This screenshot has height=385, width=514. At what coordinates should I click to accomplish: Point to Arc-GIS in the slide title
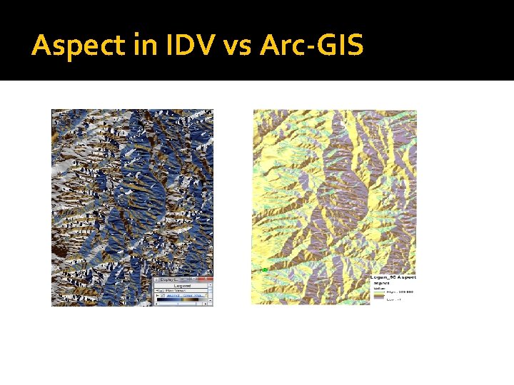313,46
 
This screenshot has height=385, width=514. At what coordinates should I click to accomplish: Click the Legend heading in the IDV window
183,285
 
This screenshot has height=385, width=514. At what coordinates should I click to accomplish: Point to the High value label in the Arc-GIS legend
393,292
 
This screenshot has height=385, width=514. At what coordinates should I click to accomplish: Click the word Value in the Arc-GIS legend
378,288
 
